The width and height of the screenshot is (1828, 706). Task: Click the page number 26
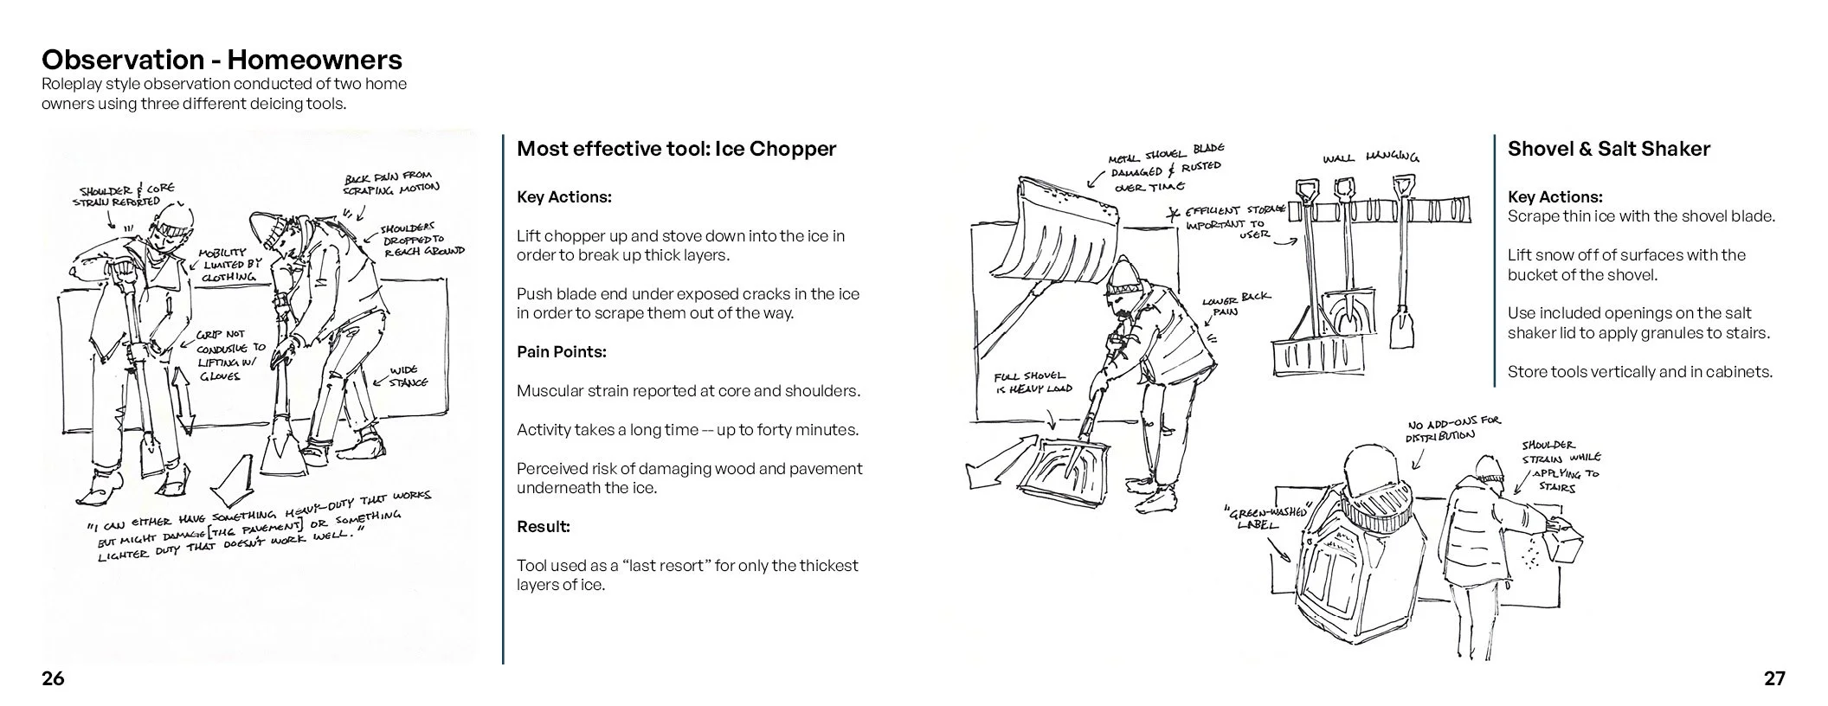53,679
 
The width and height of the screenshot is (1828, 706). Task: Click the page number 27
1774,679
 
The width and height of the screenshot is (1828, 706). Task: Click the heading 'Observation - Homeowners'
222,60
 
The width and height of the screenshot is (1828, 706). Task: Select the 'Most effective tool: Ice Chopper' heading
676,149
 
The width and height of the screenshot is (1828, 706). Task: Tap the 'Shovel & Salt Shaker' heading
1608,149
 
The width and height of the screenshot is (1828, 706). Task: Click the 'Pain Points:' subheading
561,352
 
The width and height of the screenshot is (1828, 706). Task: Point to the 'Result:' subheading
543,526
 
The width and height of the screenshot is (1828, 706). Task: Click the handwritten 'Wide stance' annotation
408,376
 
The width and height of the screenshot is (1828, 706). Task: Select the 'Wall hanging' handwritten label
1370,157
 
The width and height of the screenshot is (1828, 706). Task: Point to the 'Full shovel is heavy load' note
1032,382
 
